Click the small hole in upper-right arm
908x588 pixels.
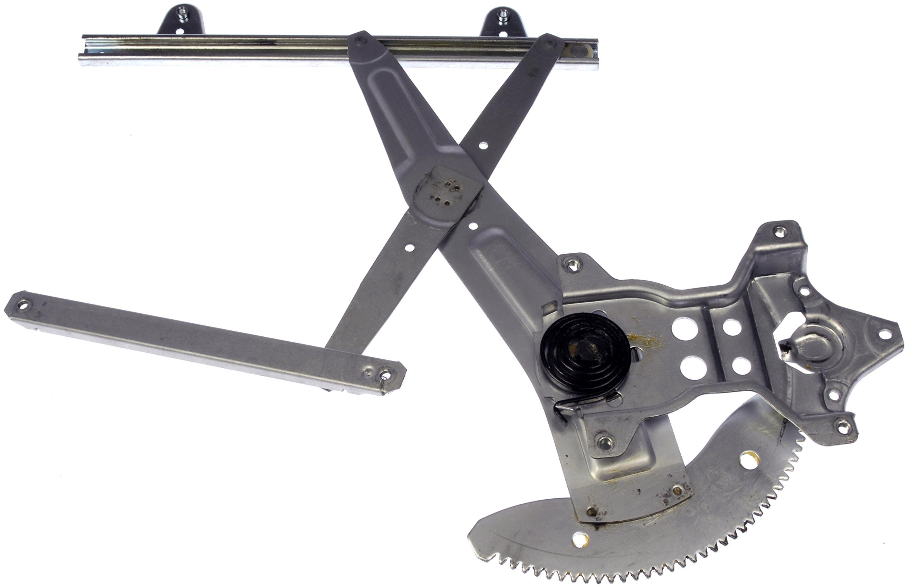[483, 145]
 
